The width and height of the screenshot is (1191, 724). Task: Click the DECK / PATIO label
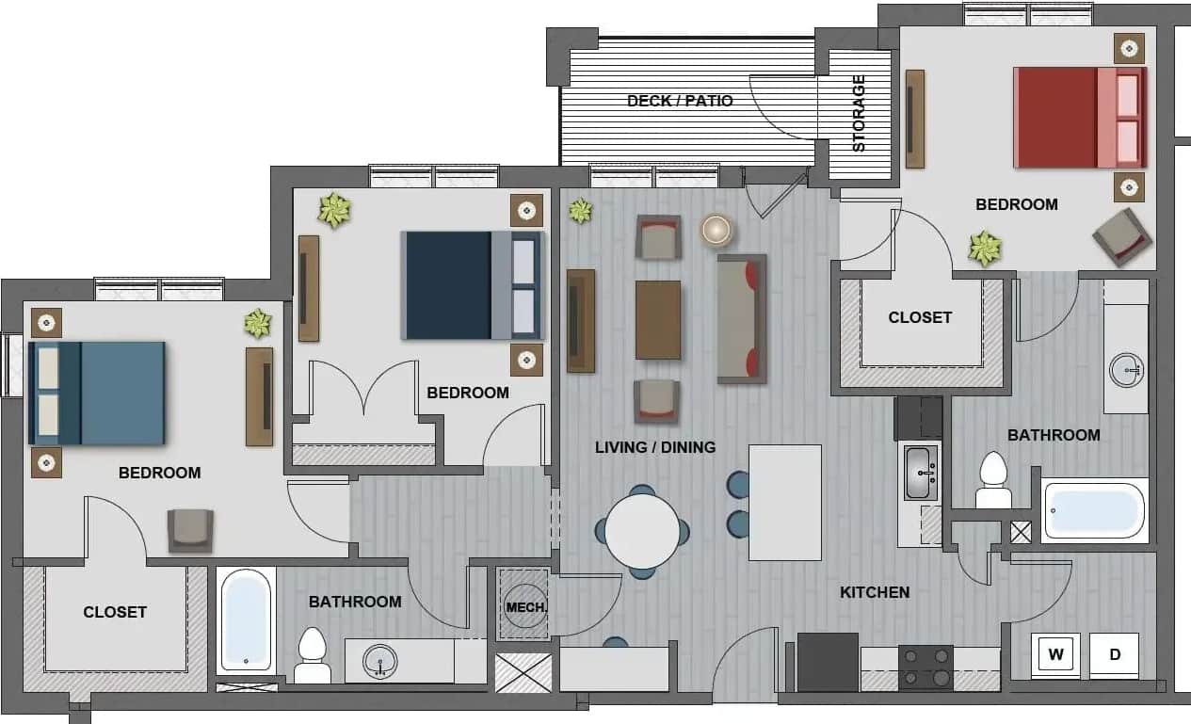[680, 101]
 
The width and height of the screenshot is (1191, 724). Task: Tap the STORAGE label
[859, 113]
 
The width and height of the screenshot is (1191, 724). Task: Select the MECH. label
[525, 607]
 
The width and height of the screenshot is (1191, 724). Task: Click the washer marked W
[1055, 655]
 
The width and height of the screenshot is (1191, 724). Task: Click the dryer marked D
[1115, 655]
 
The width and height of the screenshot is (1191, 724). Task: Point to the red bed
[1079, 117]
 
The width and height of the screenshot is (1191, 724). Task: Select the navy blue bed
[473, 284]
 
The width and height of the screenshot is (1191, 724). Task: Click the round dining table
[642, 531]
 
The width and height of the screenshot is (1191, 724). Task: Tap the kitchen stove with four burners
[925, 668]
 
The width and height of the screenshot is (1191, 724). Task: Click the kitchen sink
[919, 472]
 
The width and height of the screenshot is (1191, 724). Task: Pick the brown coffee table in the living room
[658, 320]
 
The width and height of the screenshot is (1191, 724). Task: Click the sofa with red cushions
[742, 318]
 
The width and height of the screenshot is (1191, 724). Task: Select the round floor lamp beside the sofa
[716, 230]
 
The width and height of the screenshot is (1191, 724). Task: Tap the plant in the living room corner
[580, 210]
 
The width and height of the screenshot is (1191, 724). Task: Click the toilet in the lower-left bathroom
[312, 653]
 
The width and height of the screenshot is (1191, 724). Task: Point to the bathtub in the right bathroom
[1095, 510]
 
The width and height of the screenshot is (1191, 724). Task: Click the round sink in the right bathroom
[1125, 370]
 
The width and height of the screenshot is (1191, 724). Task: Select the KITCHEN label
[875, 592]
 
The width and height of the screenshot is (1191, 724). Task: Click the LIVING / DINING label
[655, 447]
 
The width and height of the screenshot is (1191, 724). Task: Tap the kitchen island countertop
[784, 503]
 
